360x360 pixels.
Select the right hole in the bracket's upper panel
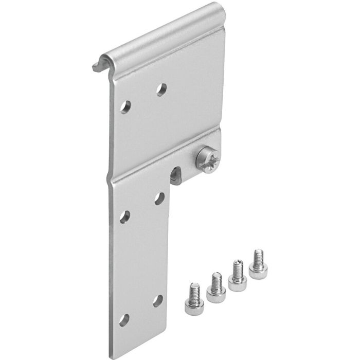[161, 90]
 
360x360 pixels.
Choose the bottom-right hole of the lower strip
[158, 300]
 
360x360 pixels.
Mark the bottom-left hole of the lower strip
[124, 319]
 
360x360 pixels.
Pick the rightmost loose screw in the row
[257, 264]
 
